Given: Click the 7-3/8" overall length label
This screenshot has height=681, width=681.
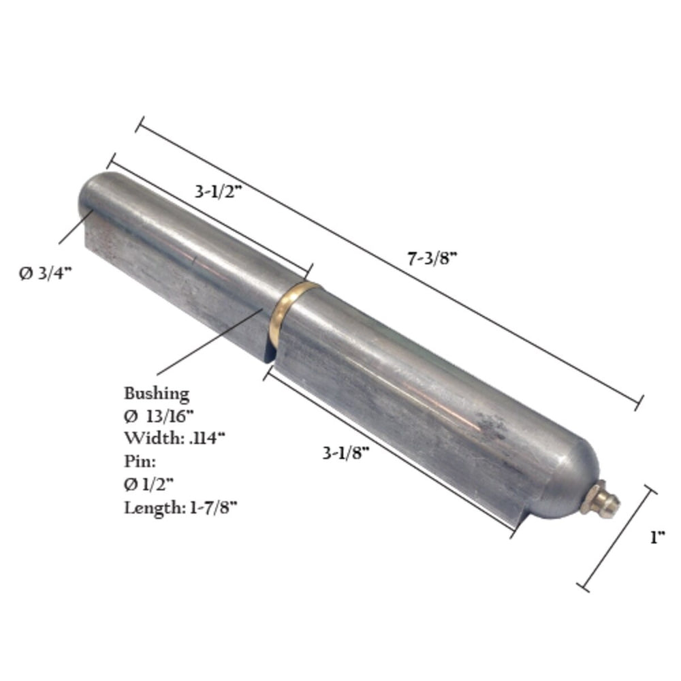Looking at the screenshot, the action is (432, 259).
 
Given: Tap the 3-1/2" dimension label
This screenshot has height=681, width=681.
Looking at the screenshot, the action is (218, 191).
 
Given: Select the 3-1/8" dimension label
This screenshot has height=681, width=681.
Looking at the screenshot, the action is (346, 453).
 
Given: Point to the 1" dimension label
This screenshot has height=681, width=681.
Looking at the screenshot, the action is (658, 537).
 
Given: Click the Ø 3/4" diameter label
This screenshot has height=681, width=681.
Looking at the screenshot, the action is (45, 273).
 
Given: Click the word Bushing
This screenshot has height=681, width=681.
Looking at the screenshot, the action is (157, 394).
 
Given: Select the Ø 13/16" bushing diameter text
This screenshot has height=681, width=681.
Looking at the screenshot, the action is (159, 416).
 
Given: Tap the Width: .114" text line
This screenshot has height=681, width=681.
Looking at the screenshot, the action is (174, 438).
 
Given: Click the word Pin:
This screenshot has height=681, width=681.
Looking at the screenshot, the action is (140, 461).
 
